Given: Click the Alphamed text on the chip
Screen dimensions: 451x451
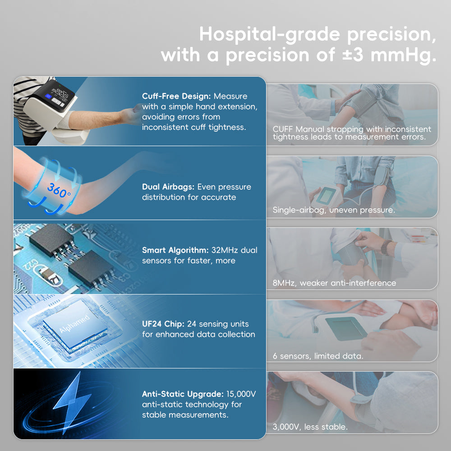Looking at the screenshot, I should pos(75,323).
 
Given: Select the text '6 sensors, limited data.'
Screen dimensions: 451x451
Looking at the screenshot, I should pos(318,356).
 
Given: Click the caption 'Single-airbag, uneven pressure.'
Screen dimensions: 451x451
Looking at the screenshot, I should pos(334,210).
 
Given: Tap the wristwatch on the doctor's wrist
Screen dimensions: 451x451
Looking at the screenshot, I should pos(387,247).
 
